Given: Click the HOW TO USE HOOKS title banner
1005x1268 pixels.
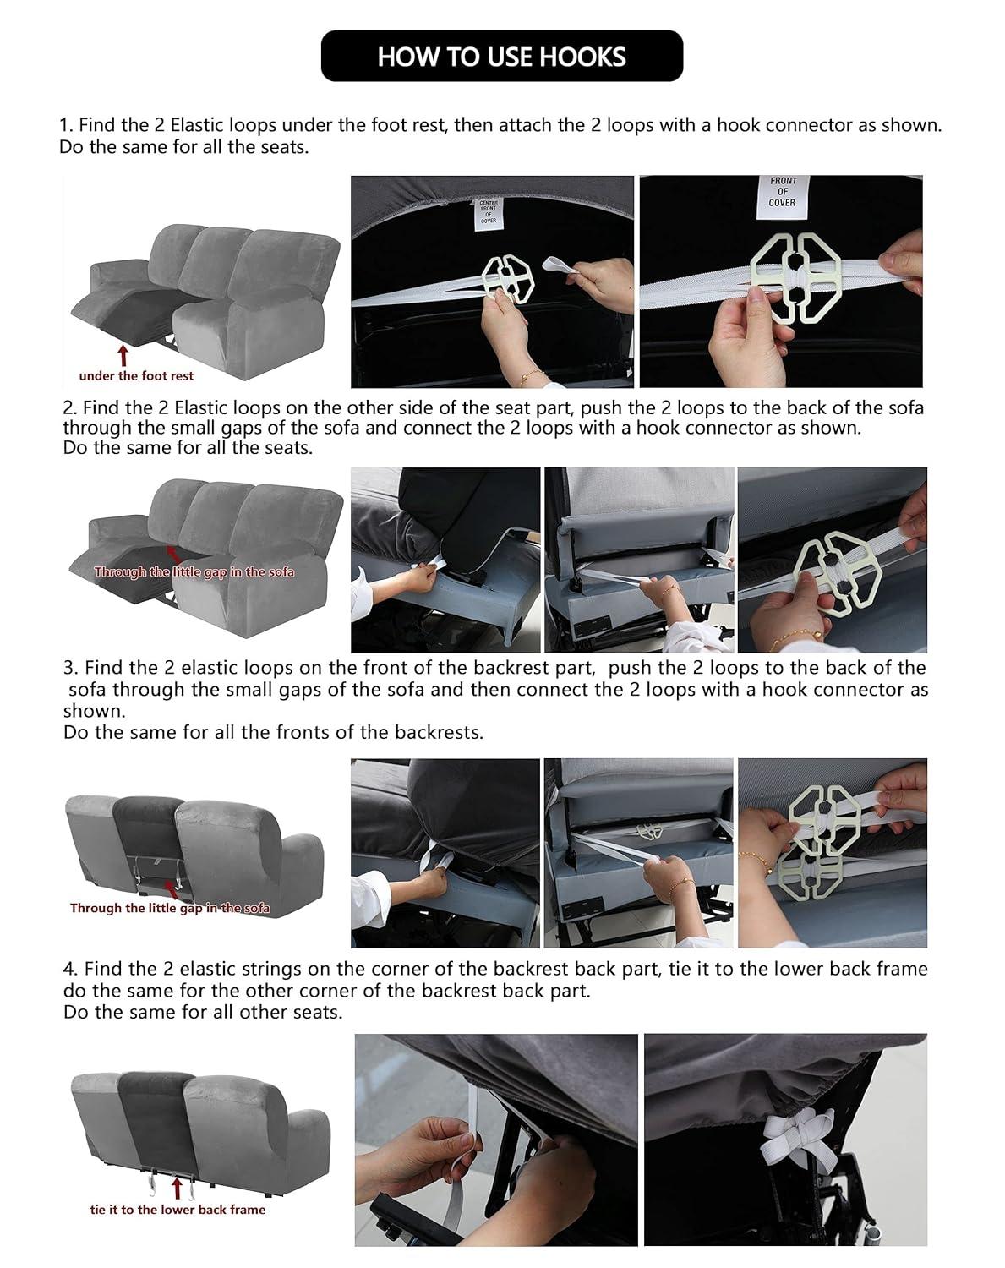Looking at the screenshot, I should pyautogui.click(x=501, y=57).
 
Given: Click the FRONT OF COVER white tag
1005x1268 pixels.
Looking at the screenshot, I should pyautogui.click(x=782, y=192).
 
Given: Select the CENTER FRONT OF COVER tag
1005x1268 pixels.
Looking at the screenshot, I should pyautogui.click(x=488, y=211).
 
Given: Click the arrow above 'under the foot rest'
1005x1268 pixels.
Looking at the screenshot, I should pyautogui.click(x=124, y=353).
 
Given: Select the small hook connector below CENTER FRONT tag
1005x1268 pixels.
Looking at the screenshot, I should pyautogui.click(x=507, y=280).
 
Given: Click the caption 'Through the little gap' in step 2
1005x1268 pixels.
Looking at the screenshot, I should pyautogui.click(x=194, y=572).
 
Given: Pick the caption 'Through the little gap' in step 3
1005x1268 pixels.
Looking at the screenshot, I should pyautogui.click(x=170, y=908).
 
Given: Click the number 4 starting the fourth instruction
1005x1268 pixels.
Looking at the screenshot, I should pyautogui.click(x=68, y=969).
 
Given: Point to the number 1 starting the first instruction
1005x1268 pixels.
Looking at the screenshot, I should pyautogui.click(x=63, y=125).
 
